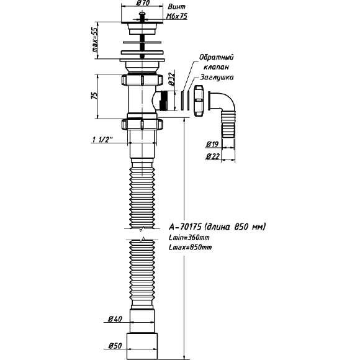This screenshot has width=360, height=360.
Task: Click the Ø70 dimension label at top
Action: [143, 2]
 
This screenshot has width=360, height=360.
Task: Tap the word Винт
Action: [176, 7]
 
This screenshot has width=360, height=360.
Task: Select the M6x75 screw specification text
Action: [177, 16]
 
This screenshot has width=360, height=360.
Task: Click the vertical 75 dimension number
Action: [94, 95]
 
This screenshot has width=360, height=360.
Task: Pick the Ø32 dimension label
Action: [171, 79]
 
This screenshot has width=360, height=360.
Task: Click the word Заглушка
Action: [217, 77]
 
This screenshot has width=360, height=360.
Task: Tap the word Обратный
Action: [216, 57]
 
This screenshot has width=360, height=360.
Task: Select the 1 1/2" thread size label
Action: [103, 140]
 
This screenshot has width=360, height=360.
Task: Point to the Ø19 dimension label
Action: [212, 144]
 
